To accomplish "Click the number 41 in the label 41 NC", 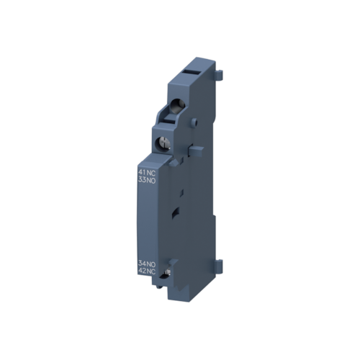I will click(x=141, y=171).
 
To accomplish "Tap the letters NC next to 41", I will click(x=150, y=171).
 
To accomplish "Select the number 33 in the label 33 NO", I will click(x=141, y=179).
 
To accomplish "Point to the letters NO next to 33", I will click(x=150, y=179).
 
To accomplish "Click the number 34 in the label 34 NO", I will click(x=142, y=264).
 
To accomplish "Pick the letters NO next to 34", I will click(x=150, y=264).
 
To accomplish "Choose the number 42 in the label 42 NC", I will click(x=142, y=272).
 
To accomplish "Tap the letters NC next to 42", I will click(x=150, y=272).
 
